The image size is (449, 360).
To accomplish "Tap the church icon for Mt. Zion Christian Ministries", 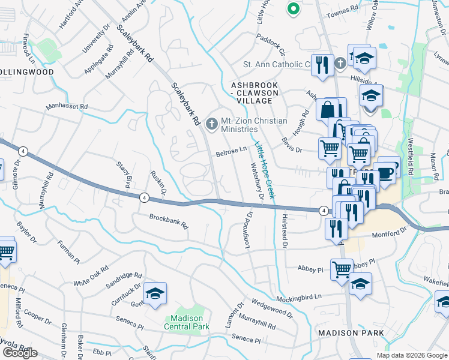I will pos(211,124).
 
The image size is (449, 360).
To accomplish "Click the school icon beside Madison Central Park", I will pos(155,293).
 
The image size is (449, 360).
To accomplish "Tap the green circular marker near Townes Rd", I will pos(293,8).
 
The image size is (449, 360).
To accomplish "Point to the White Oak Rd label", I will pos(91,275).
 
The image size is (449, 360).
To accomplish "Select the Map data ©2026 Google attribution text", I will pos(411,355).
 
